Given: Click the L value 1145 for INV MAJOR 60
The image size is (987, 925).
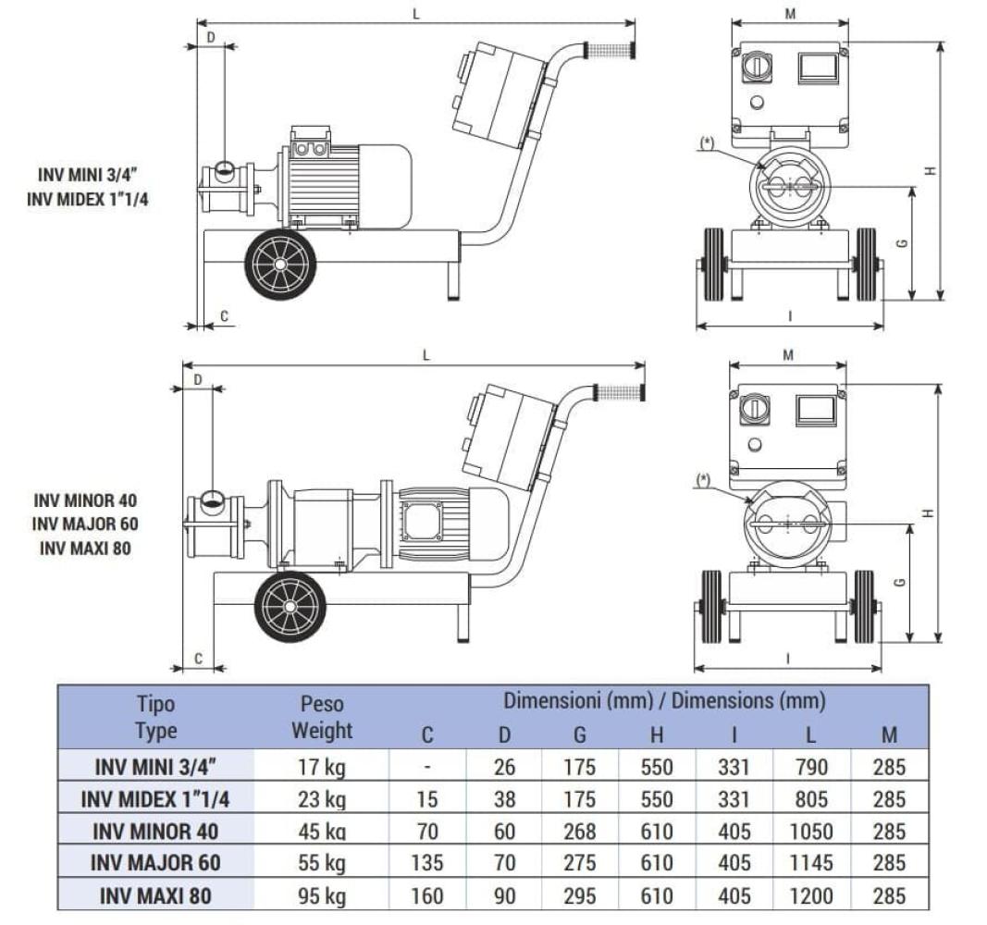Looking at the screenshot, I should [810, 863].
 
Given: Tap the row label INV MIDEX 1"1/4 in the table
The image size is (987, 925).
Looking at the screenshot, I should [155, 799].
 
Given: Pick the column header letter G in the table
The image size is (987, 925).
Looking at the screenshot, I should [579, 735].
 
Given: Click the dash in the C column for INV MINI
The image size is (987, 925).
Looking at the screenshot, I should [426, 768].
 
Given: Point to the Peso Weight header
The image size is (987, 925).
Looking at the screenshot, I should [322, 717].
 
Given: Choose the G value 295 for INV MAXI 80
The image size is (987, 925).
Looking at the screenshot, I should [579, 896].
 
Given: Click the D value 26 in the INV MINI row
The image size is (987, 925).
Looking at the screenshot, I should [504, 768].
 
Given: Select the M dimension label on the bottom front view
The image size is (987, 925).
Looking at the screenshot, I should [787, 355].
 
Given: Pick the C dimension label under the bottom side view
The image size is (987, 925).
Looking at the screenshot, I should [199, 659].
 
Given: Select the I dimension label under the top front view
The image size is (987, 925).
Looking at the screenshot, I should [790, 316].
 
